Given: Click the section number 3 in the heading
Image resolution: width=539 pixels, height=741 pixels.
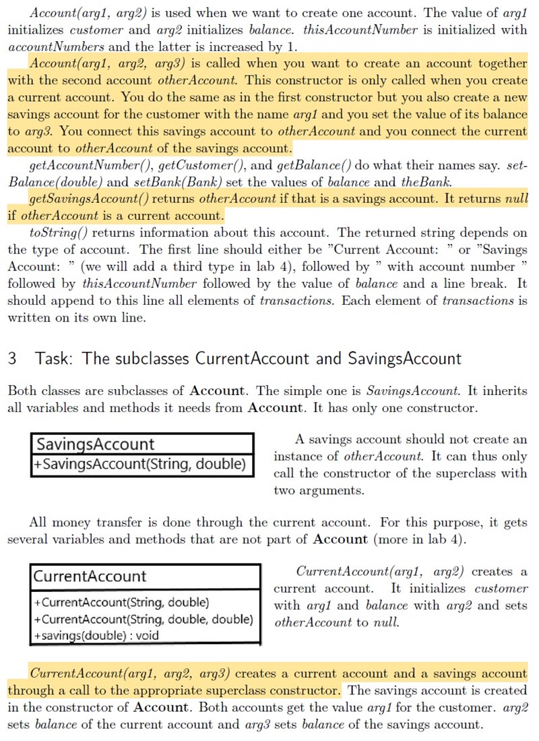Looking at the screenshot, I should point(12,358).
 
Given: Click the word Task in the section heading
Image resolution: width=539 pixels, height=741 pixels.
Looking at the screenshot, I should point(53,358).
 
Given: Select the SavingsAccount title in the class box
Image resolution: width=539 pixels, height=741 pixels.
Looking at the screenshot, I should point(95,444).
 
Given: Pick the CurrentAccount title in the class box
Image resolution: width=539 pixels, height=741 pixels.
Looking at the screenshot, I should point(90,576).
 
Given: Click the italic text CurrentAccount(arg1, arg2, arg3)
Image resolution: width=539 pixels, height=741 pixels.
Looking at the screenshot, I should point(132,674).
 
